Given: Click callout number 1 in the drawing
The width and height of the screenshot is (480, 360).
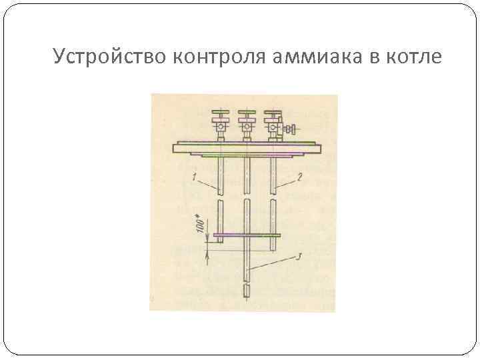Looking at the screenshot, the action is pos(193,177).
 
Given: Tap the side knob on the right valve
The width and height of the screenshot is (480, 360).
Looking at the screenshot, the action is pos(291,127).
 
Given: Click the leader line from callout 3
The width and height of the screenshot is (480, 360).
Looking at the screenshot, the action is pos(273,263).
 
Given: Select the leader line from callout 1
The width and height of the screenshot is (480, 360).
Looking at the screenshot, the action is pos(207,184).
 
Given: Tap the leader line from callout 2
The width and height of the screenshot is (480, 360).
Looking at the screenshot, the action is pos(286,183).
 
